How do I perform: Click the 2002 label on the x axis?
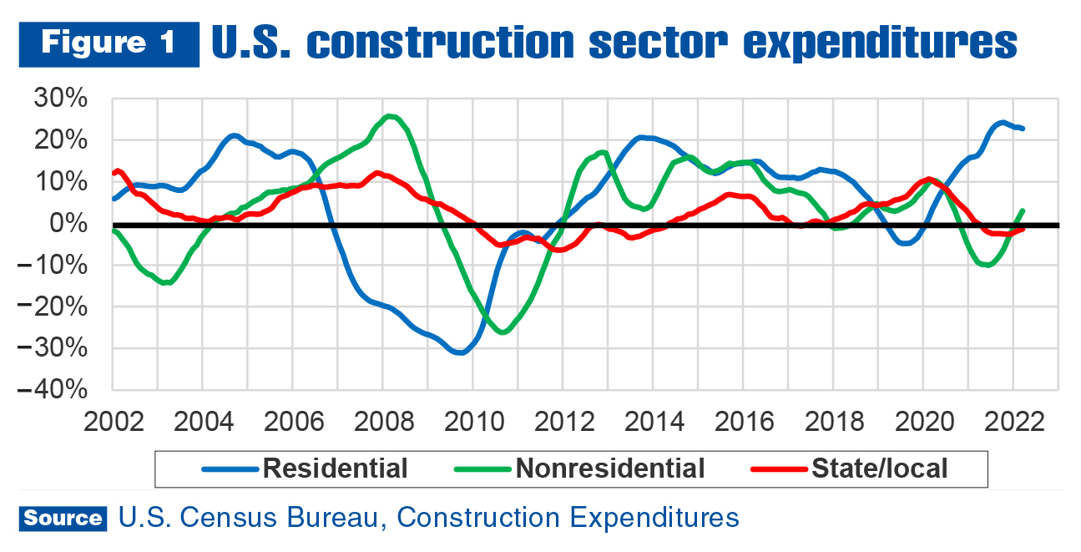tap(112, 419)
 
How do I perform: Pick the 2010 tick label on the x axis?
tap(472, 419)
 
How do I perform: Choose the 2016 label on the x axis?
tap(743, 419)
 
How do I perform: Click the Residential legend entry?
tap(335, 468)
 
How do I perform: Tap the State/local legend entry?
tap(879, 468)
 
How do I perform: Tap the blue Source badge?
tap(63, 519)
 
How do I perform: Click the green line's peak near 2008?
tap(390, 116)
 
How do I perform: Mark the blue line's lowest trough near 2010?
tap(460, 352)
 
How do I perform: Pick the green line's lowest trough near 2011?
tap(502, 332)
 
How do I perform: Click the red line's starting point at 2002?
tap(114, 174)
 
